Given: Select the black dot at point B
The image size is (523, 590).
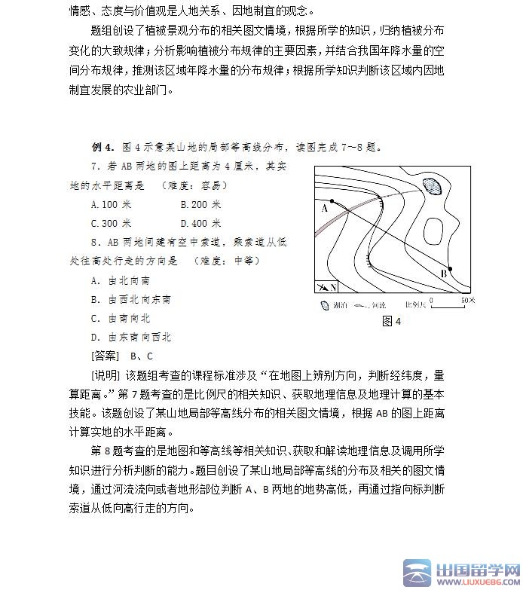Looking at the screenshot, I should (x=450, y=269).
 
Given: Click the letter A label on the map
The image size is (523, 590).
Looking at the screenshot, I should (x=324, y=209).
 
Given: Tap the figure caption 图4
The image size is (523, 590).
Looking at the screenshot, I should (x=392, y=322).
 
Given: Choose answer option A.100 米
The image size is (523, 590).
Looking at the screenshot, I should (x=111, y=204).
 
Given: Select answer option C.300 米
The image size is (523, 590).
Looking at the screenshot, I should (x=111, y=223).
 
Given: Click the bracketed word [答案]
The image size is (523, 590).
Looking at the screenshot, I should (x=105, y=356).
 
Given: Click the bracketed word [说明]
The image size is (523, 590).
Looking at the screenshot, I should (x=105, y=374).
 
